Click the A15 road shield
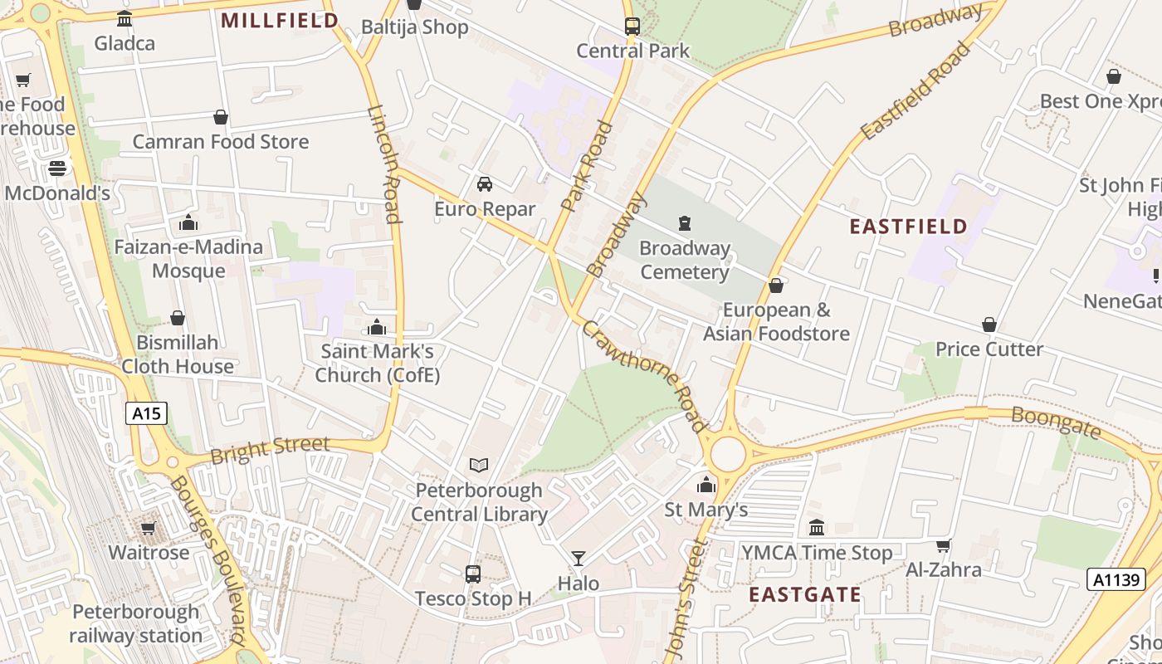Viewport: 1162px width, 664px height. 147,413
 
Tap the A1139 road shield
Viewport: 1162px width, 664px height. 1116,579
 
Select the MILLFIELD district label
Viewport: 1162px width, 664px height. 280,21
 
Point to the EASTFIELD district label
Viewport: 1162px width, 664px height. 909,226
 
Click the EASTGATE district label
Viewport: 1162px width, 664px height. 805,594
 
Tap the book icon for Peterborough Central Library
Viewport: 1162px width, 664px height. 479,465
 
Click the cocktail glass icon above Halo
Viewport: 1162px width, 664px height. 579,558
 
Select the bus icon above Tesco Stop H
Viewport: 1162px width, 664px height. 472,573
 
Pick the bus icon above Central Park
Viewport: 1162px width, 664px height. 632,26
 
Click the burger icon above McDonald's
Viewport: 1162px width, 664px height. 56,168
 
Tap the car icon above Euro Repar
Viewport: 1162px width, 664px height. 485,183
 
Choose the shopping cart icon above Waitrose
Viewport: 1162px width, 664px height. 149,528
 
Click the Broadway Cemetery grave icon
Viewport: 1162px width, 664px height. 684,222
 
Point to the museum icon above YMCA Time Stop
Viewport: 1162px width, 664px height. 816,527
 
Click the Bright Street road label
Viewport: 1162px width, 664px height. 270,449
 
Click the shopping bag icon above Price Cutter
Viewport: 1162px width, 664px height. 989,324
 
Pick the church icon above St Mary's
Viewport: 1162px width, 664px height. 706,485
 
